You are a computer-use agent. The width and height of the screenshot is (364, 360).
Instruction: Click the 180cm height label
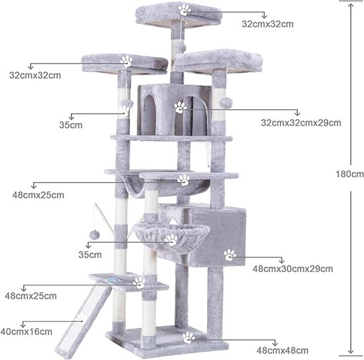[x=349, y=174]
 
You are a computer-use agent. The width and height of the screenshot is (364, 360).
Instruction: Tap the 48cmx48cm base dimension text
[x=283, y=351]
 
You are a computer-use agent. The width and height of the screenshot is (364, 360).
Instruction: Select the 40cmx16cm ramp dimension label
[x=26, y=332]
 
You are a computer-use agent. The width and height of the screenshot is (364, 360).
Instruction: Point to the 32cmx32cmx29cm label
[x=301, y=123]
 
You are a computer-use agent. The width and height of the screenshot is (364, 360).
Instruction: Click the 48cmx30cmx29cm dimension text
[x=293, y=269]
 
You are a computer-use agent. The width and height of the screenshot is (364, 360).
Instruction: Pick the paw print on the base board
[x=188, y=337]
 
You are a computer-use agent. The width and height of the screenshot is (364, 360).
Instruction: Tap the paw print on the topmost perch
[x=185, y=10]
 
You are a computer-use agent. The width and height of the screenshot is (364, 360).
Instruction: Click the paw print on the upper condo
[x=181, y=107]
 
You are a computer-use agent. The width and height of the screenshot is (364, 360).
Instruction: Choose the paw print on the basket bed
[x=172, y=240]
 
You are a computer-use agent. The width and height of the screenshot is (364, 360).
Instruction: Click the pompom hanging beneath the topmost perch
[x=181, y=48]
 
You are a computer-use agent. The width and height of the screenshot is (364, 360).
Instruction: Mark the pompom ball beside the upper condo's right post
[x=224, y=103]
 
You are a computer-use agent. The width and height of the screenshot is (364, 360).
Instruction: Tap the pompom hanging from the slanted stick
[x=94, y=235]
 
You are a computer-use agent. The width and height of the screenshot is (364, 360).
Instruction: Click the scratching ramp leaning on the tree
[x=84, y=322]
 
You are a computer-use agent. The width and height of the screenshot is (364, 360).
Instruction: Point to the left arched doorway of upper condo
[x=150, y=114]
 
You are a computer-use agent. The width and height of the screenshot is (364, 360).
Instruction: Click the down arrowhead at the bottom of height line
[x=351, y=351]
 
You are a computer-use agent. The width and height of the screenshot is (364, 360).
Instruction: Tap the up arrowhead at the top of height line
[x=351, y=5]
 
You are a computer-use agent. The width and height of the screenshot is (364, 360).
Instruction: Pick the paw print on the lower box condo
[x=230, y=255]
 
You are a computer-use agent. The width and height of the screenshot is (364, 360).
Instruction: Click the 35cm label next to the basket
[x=90, y=255]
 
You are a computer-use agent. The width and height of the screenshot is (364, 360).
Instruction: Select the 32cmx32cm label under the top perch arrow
[x=267, y=24]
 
